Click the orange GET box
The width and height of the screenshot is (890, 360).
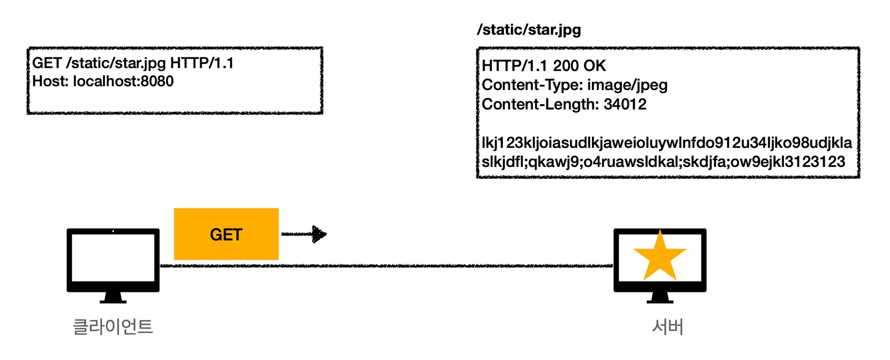[226, 234]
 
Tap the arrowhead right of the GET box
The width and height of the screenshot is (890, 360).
[319, 234]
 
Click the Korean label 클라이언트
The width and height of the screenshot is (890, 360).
[113, 327]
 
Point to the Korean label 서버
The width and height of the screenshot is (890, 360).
[668, 327]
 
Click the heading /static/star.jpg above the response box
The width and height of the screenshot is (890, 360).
[529, 30]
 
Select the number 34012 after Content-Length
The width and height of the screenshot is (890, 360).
[625, 104]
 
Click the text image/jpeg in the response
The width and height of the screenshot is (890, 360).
[627, 85]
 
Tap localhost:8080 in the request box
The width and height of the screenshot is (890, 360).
[123, 81]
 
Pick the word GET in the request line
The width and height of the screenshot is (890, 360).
[47, 63]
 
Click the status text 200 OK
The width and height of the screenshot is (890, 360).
[579, 66]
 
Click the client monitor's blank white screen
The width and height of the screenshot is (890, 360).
[113, 257]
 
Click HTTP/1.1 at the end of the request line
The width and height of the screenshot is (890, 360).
[202, 63]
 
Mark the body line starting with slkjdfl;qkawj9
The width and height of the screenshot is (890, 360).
[663, 162]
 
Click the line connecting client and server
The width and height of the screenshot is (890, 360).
[387, 266]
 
